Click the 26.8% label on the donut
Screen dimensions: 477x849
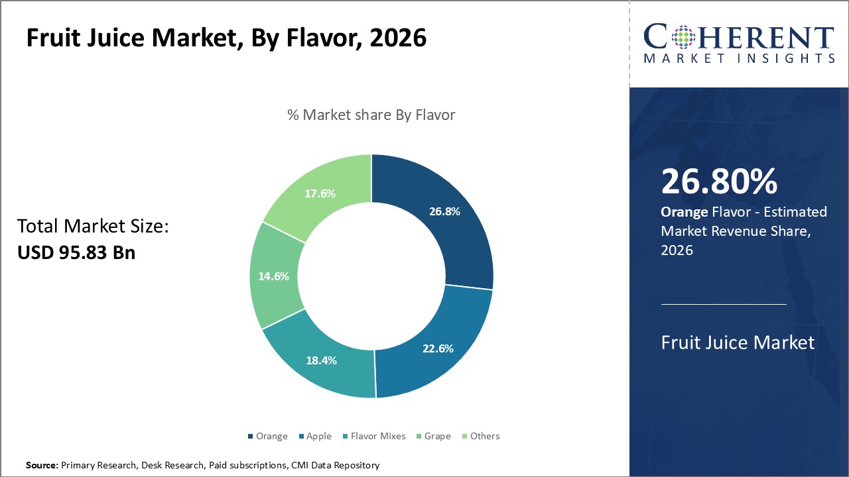click(444, 211)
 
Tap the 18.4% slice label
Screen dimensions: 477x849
click(321, 360)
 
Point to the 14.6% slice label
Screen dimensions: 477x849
click(273, 276)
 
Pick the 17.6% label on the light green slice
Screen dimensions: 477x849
click(320, 193)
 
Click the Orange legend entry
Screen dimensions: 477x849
click(267, 436)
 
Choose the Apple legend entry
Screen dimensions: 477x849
click(314, 436)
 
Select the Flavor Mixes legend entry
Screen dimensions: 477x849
click(373, 436)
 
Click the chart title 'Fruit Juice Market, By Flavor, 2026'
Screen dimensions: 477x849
click(226, 38)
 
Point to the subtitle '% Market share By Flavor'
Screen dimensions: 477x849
click(371, 115)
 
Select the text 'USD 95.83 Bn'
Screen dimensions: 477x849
click(76, 252)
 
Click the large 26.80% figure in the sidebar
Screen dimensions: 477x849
click(719, 182)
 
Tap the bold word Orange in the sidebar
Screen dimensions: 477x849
click(684, 212)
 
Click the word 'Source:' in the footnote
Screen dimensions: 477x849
click(42, 465)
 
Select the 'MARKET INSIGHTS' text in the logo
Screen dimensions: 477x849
click(739, 58)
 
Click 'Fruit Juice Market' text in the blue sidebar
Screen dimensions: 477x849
click(738, 343)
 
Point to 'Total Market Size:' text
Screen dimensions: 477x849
click(93, 227)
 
